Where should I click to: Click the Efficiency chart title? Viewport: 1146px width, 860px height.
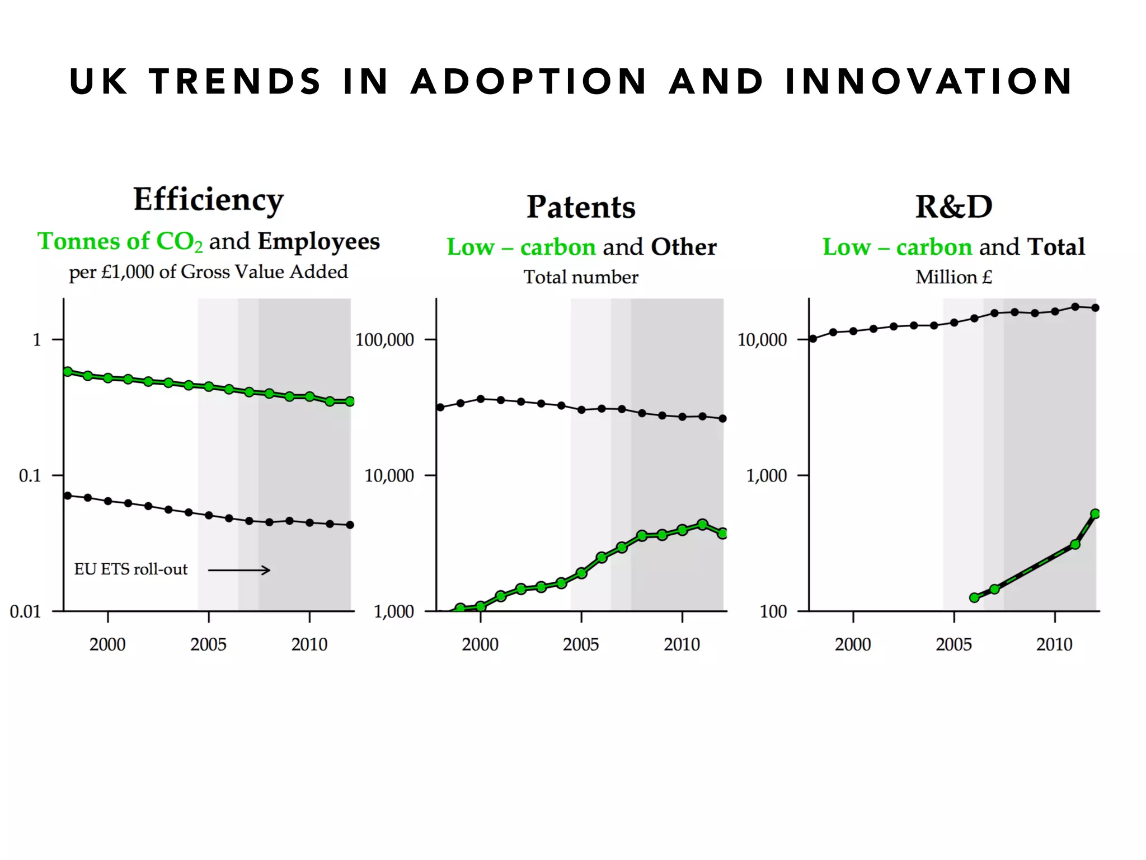click(x=208, y=200)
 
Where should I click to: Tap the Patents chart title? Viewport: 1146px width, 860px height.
click(x=581, y=207)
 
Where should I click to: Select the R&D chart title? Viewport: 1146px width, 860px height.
click(x=954, y=207)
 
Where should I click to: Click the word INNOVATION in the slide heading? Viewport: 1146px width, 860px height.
click(x=929, y=82)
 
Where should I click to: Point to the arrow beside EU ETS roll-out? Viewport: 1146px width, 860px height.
click(x=239, y=570)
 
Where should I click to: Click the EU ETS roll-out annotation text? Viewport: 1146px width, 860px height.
click(x=131, y=569)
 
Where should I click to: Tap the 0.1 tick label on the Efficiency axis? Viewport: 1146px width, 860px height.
click(x=30, y=476)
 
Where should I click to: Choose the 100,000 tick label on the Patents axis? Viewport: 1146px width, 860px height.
click(x=384, y=340)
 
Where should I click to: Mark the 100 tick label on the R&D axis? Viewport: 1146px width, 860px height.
click(x=773, y=611)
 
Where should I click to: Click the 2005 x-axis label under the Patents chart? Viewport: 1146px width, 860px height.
click(x=581, y=644)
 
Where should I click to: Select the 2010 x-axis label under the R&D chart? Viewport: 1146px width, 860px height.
click(x=1054, y=644)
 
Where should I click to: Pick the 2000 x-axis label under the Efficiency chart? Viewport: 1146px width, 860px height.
click(x=107, y=644)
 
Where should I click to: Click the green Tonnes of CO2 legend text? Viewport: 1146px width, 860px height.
click(x=120, y=242)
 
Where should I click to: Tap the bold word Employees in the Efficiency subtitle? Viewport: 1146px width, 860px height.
click(x=318, y=242)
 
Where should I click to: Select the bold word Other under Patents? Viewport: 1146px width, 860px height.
click(x=684, y=247)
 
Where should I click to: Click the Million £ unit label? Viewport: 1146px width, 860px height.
click(x=954, y=277)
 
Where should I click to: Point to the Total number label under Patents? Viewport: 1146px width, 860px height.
click(x=581, y=277)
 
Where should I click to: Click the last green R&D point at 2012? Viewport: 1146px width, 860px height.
click(x=1095, y=514)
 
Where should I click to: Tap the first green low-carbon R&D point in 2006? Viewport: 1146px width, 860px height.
click(x=974, y=597)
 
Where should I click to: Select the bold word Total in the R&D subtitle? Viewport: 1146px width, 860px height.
click(x=1056, y=247)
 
